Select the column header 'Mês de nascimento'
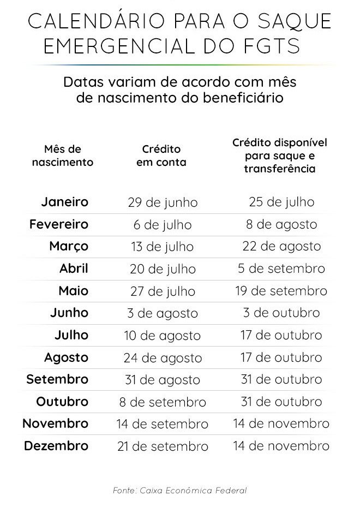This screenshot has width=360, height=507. pos(63,156)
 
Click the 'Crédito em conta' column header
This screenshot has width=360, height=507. pos(161,156)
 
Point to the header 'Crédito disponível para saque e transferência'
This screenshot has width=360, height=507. pos(280,156)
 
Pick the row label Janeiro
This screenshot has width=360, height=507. pos(64,202)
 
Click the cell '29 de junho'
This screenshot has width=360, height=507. pos(163,203)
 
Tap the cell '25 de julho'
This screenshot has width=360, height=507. pos(281,202)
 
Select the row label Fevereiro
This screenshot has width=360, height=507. pos(59,224)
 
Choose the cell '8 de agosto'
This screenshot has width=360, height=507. pos(281,224)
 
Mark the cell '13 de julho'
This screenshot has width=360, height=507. pos(162,247)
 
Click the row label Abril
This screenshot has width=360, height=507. pos(74,269)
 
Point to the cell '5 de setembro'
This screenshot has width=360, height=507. pos(281,269)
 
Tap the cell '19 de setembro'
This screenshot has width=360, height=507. pos(281,291)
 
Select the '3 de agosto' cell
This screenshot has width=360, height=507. pos(162,313)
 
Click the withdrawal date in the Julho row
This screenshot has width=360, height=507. pos(281,335)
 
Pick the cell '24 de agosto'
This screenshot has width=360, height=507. pos(163,358)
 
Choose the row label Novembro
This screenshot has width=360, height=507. pos(55,424)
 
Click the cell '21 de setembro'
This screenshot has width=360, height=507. pos(163,446)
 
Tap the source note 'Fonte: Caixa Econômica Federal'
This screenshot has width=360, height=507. pos(180,491)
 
